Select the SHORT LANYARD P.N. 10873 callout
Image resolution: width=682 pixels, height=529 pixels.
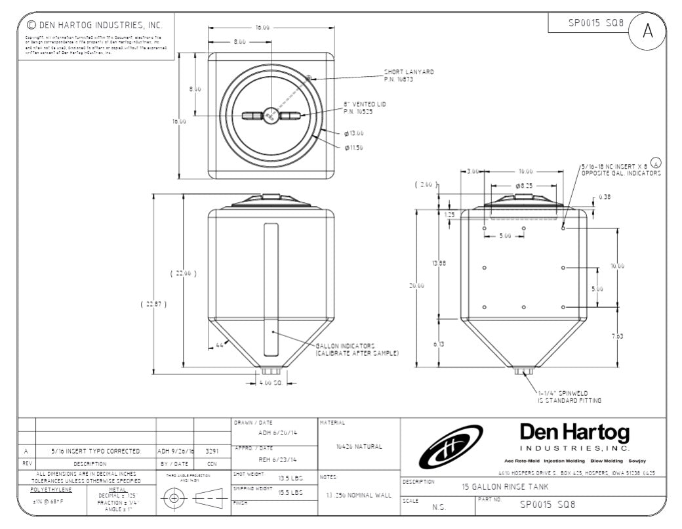409,75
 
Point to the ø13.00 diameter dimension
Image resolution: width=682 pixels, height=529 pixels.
354,133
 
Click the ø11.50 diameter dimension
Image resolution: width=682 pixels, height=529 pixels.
354,148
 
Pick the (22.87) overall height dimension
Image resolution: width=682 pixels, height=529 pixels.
151,304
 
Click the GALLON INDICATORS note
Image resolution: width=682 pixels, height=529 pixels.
357,349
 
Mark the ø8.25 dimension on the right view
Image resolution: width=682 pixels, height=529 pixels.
523,186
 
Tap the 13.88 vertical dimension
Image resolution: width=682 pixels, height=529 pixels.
438,263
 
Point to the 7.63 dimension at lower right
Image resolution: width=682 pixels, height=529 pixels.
618,336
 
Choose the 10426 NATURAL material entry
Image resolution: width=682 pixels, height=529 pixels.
358,447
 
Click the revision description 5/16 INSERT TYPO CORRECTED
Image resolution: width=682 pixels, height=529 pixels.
96,452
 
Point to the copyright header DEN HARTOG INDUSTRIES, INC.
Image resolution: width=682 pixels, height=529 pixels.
94,26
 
